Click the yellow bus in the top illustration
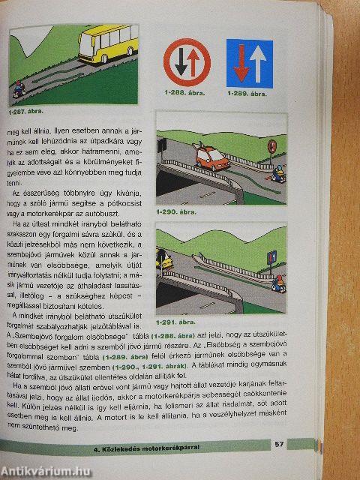[106, 45]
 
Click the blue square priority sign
[250, 64]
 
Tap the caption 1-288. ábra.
[184, 96]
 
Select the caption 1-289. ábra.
[247, 96]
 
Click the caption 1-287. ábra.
[27, 112]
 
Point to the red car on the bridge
[211, 157]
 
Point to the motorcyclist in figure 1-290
[278, 175]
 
